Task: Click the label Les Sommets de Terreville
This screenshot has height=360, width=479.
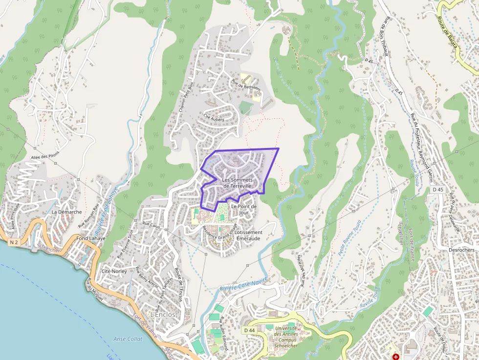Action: (x=237, y=183)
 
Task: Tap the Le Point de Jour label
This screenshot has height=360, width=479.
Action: (x=243, y=210)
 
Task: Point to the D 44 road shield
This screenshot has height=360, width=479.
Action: (x=248, y=330)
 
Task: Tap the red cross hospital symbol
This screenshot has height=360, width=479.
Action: (x=395, y=357)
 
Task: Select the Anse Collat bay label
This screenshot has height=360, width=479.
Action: (x=128, y=339)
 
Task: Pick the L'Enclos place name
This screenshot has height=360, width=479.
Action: (x=163, y=315)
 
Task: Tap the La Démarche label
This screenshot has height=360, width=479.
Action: (x=66, y=212)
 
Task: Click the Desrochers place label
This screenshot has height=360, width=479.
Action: (x=461, y=250)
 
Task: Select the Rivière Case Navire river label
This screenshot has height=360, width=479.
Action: (x=244, y=284)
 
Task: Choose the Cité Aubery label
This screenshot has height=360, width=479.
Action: (x=214, y=117)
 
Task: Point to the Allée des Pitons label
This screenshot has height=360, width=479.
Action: (x=44, y=156)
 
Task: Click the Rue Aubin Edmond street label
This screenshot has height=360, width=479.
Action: (x=223, y=334)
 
